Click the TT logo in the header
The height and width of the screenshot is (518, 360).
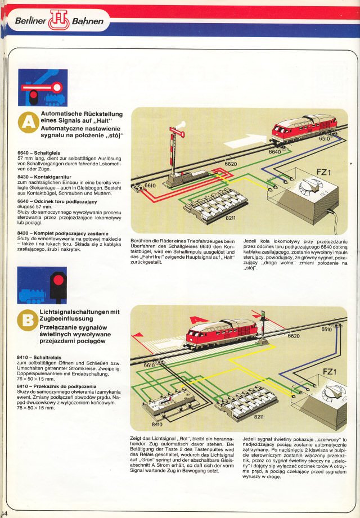[x=58, y=21]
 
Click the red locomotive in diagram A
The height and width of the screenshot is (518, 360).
[x=303, y=129]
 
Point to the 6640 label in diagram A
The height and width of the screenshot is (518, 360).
[x=275, y=151]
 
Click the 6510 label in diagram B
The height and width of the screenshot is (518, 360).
[x=327, y=330]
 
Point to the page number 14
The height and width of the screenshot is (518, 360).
[x=4, y=514]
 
